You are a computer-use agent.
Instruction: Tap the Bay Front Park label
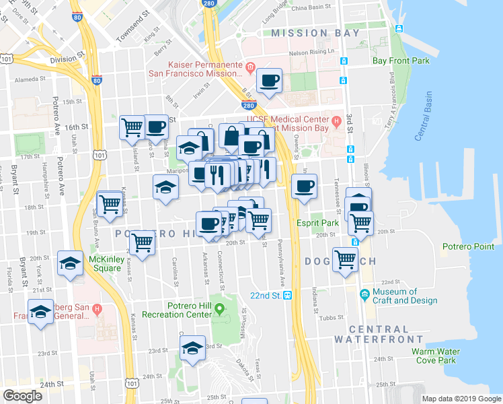coord(401,61)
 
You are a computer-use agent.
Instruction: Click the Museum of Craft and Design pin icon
coord(364,294)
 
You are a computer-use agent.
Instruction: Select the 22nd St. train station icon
coord(287,296)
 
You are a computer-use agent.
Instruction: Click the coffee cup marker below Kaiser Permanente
coord(270,81)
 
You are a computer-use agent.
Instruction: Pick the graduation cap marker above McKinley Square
coord(70,265)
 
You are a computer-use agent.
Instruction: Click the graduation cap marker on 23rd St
coord(193,348)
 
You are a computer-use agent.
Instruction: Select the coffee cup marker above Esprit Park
coord(305,186)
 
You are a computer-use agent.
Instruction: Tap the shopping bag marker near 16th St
coord(231,135)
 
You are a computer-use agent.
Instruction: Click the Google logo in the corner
coord(22,396)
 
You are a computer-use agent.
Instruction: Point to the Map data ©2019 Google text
coord(461,399)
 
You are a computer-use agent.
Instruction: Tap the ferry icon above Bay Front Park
coord(399,29)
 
